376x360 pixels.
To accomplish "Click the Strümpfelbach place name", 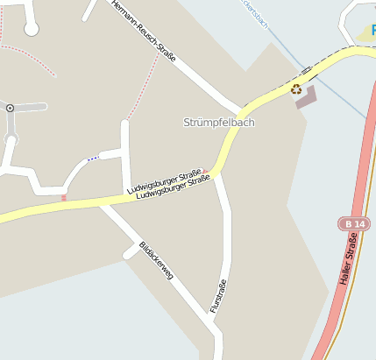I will pyautogui.click(x=219, y=123).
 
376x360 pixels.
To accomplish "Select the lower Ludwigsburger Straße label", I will pyautogui.click(x=174, y=188).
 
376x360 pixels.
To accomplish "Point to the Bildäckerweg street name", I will pyautogui.click(x=156, y=261).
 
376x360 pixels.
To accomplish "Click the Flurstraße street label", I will pyautogui.click(x=218, y=295).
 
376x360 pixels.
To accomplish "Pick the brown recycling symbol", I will pyautogui.click(x=296, y=88).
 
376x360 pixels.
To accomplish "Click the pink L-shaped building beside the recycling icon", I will pyautogui.click(x=306, y=97).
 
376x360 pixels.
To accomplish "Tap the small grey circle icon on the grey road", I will pyautogui.click(x=10, y=108).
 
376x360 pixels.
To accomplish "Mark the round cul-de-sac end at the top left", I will pyautogui.click(x=32, y=29).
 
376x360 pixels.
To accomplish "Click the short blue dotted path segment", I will pyautogui.click(x=92, y=159).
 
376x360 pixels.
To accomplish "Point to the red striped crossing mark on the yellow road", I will pyautogui.click(x=63, y=198).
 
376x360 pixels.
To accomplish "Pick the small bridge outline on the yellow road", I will pyautogui.click(x=306, y=69).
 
